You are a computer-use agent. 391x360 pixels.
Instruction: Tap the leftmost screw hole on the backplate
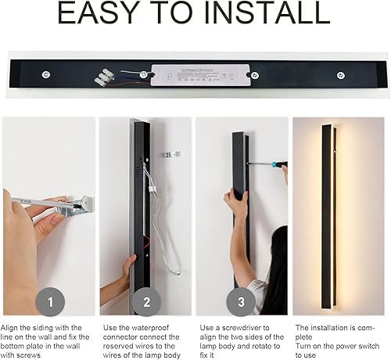46,75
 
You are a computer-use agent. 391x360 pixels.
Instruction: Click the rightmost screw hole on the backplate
340,75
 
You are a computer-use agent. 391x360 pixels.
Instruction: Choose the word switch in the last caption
368,346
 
